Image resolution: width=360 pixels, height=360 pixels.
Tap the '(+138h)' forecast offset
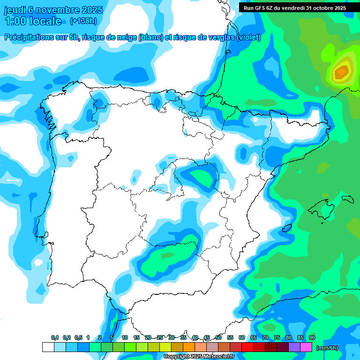[83, 21]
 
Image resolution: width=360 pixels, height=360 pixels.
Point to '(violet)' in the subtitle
[248, 37]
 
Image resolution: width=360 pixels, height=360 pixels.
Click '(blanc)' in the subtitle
[149, 37]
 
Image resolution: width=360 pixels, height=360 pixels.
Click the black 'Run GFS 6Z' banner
[295, 7]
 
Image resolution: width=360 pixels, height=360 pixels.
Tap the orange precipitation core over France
[341, 72]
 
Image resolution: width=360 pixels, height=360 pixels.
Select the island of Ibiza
[287, 228]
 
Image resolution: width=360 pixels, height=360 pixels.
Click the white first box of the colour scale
[48, 347]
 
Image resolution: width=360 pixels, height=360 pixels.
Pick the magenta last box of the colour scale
[306, 347]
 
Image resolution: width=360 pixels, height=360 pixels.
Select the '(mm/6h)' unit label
[327, 348]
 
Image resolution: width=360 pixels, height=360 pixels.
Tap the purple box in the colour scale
[294, 347]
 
